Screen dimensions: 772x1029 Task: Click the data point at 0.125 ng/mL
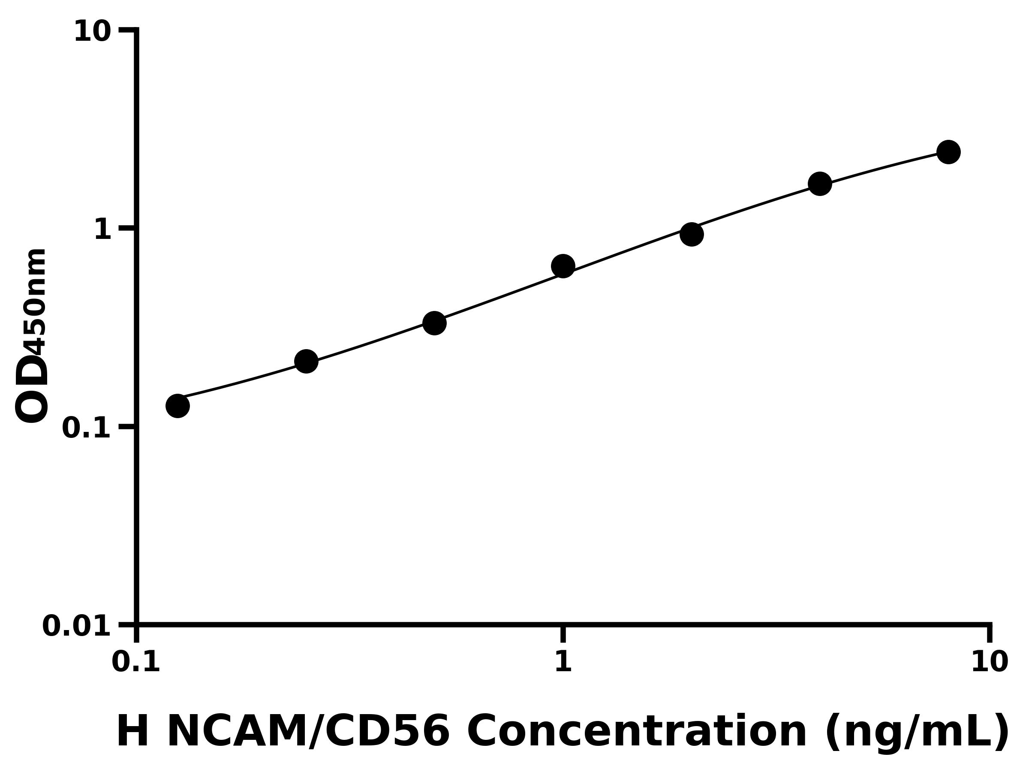[x=177, y=406]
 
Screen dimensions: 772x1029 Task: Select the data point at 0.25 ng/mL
[x=306, y=362]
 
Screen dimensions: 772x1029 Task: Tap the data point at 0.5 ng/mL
[x=434, y=323]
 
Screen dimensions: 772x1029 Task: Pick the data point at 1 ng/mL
[x=563, y=266]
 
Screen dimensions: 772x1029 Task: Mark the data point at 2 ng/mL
[x=692, y=234]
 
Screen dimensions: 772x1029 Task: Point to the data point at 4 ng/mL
[x=820, y=184]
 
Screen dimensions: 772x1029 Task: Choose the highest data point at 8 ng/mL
[x=948, y=152]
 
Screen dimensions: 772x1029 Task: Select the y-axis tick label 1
[x=103, y=230]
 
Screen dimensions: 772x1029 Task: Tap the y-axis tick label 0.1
[x=87, y=428]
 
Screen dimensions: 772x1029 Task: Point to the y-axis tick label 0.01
[x=77, y=626]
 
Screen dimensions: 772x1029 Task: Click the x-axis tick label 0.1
[x=136, y=662]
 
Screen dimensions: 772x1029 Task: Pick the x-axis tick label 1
[x=563, y=662]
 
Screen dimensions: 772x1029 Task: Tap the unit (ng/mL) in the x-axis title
[x=916, y=733]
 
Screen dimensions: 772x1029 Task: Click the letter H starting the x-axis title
[x=132, y=732]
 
